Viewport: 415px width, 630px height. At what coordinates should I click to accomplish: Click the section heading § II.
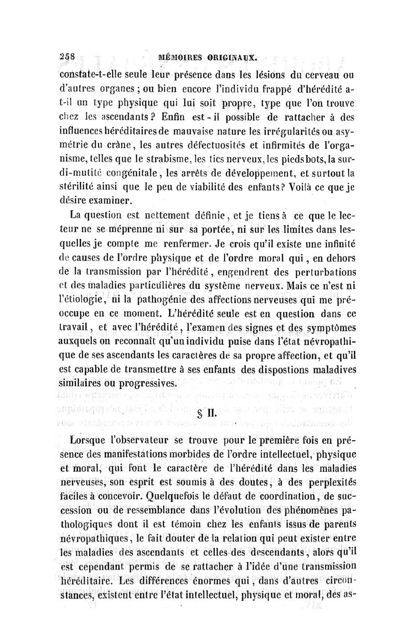(206, 416)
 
